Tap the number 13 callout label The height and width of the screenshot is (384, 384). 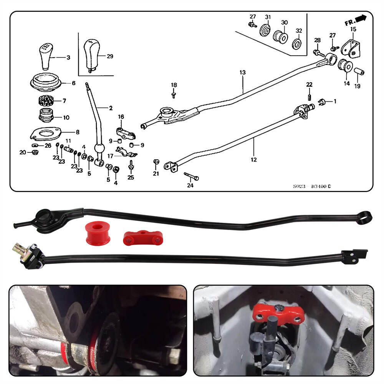242,73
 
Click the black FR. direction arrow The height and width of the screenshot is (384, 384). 361,18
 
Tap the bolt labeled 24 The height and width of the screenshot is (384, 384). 192,177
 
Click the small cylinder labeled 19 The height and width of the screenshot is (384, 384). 359,72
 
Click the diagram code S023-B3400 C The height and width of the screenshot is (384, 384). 311,187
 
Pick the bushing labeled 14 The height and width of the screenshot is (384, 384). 345,65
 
